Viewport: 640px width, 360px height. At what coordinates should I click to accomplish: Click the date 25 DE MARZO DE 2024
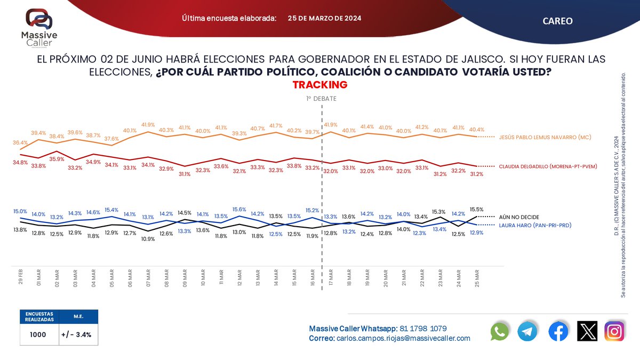pyautogui.click(x=324, y=18)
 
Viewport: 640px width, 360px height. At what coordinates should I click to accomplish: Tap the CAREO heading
pyautogui.click(x=557, y=21)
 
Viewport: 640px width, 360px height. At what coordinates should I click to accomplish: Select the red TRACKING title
pyautogui.click(x=320, y=85)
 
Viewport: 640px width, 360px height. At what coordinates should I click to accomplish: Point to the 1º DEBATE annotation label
pyautogui.click(x=321, y=99)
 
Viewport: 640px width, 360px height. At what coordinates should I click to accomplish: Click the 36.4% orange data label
pyautogui.click(x=20, y=142)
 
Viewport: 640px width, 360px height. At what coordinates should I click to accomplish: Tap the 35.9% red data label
pyautogui.click(x=57, y=159)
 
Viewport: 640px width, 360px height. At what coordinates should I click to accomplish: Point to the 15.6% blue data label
pyautogui.click(x=239, y=210)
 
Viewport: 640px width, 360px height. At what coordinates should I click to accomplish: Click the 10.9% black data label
pyautogui.click(x=148, y=239)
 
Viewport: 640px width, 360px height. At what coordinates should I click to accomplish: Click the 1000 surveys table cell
pyautogui.click(x=37, y=335)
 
